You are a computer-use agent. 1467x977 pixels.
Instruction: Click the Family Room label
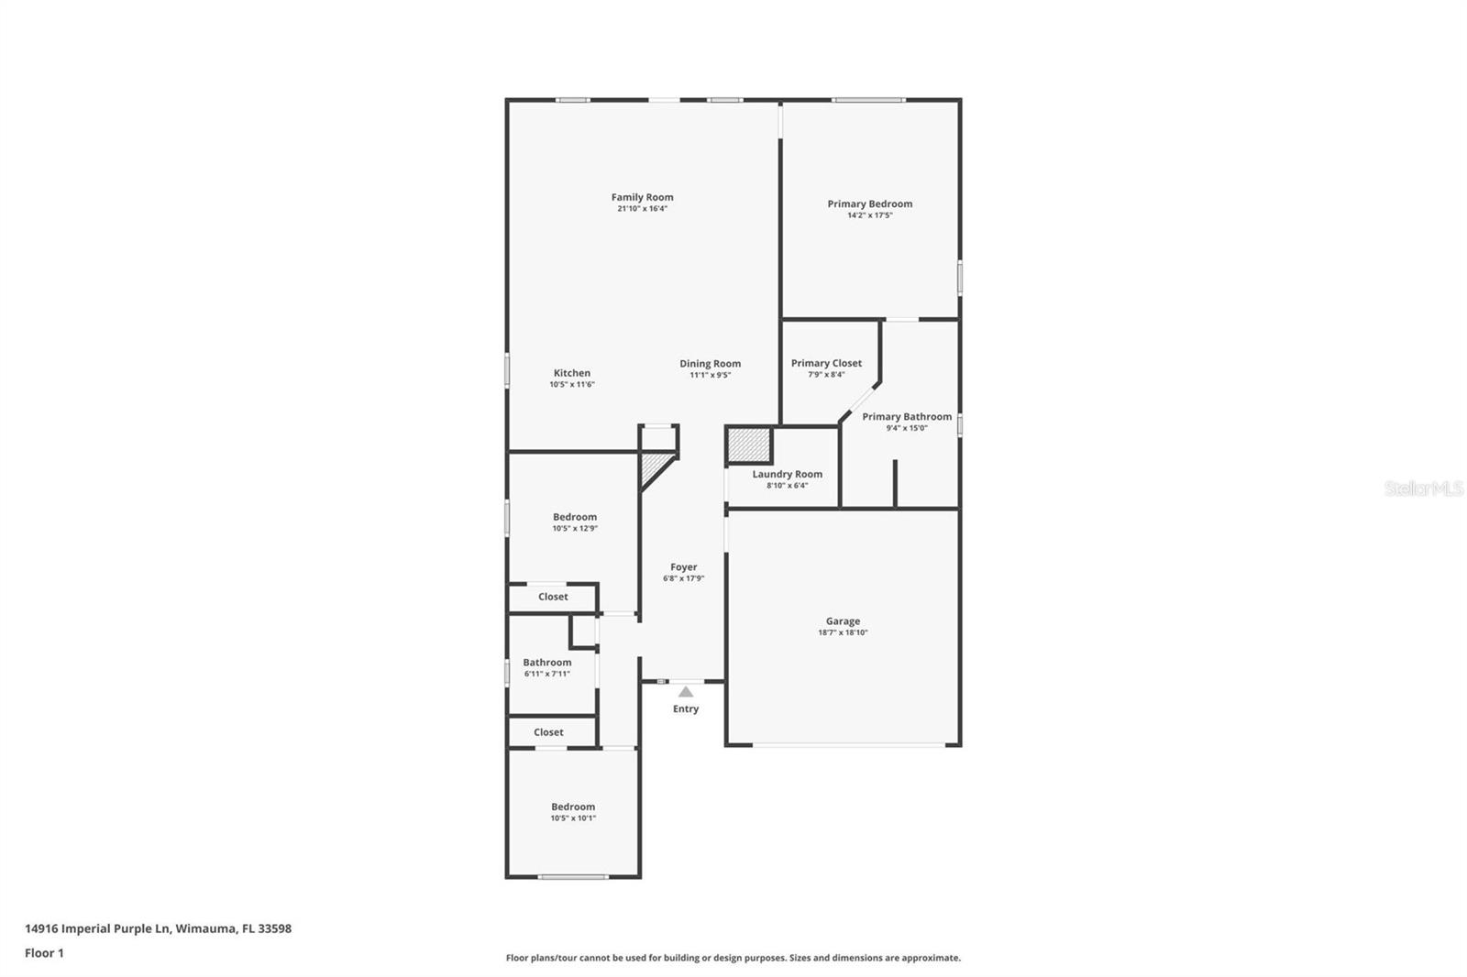(x=642, y=197)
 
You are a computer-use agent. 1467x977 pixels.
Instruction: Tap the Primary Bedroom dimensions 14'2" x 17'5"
(x=870, y=215)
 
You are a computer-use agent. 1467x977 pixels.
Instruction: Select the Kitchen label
(x=572, y=373)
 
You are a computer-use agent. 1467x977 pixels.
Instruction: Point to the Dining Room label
(x=710, y=364)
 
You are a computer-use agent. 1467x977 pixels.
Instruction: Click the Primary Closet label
(x=826, y=363)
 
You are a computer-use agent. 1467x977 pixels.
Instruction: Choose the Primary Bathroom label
(x=907, y=416)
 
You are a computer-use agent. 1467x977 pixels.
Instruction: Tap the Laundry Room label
(x=788, y=474)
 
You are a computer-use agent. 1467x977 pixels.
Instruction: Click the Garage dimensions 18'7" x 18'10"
(x=843, y=632)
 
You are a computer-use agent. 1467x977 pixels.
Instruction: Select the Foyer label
(x=684, y=567)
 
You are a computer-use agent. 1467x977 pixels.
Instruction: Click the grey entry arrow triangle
(x=686, y=692)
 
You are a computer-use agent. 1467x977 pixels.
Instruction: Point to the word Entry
(x=686, y=708)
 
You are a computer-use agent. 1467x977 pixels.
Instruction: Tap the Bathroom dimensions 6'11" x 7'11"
(x=546, y=674)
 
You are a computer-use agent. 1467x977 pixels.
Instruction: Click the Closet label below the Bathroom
(x=548, y=732)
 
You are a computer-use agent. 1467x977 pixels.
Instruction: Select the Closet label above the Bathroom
(x=553, y=597)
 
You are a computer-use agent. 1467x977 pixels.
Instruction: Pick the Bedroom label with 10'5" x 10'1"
(x=573, y=807)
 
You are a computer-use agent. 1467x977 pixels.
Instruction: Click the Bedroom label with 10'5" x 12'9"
(x=574, y=517)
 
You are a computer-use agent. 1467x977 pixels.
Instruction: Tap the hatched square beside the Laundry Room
(x=749, y=445)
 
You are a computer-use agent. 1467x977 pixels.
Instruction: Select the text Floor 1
(x=45, y=953)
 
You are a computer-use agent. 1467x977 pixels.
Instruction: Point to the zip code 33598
(x=274, y=928)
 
